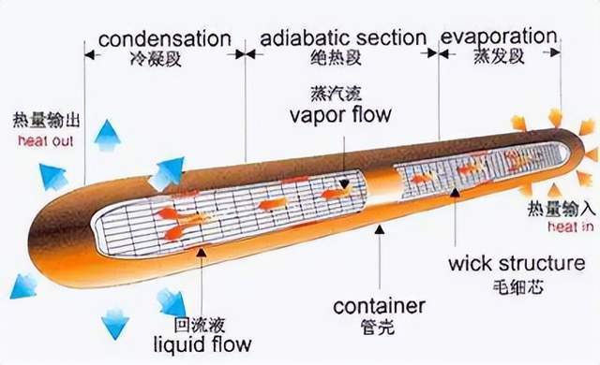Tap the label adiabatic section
[343, 37]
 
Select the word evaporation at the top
[498, 37]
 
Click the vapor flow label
[340, 115]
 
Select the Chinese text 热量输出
[43, 123]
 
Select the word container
[380, 306]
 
